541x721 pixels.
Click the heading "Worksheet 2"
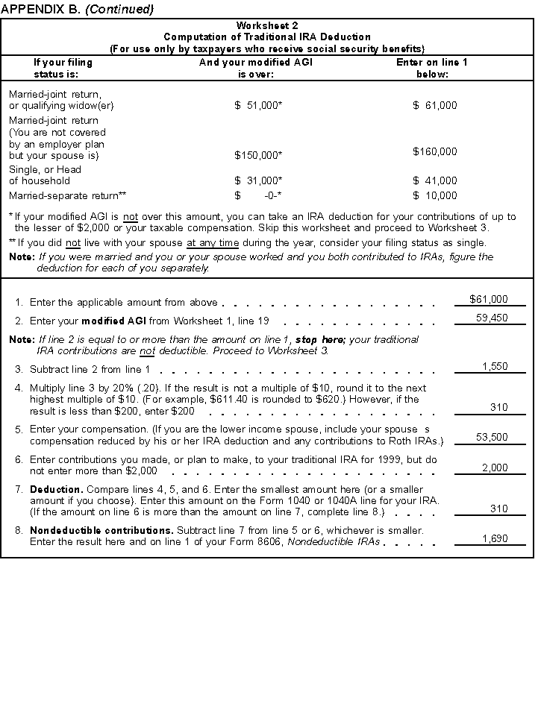266,25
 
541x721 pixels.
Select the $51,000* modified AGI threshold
258,106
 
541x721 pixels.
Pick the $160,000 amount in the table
435,151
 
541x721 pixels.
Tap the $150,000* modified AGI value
258,156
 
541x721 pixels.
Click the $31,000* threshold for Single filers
258,180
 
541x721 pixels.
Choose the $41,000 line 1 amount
435,180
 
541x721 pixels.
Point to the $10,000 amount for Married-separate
435,196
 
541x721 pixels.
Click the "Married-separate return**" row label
68,196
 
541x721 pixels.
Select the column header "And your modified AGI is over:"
256,69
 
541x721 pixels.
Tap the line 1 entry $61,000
489,299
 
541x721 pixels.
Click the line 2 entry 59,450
492,318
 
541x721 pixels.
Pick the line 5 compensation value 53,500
492,437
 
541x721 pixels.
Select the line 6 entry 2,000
495,467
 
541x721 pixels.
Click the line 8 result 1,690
495,538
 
